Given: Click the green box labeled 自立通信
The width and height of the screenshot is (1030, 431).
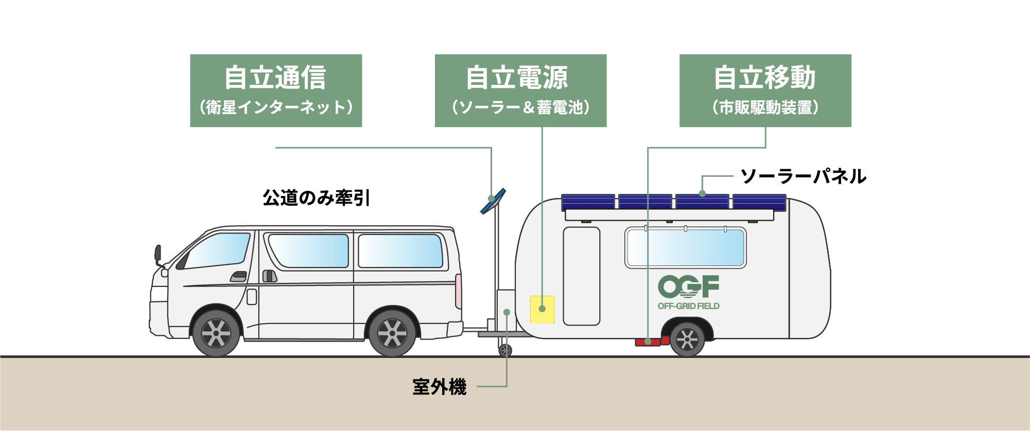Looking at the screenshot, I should click(276, 91).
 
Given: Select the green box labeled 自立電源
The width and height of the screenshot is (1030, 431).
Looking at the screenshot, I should click(520, 91).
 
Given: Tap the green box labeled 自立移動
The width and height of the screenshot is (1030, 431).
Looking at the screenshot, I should click(765, 91).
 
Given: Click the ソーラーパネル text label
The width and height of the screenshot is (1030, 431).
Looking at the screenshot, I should click(803, 176).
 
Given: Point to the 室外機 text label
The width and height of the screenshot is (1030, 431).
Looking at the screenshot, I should click(439, 387).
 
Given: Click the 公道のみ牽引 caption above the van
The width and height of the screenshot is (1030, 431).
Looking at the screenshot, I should click(316, 197).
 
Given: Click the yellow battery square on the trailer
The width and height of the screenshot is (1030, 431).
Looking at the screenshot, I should click(542, 309).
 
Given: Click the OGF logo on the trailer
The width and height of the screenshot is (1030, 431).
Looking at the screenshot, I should click(688, 286).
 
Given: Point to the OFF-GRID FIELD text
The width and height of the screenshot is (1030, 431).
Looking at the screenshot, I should click(688, 306).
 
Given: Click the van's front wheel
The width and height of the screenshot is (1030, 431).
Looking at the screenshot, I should click(216, 334).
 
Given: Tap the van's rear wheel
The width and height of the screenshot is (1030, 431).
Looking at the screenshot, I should click(392, 334).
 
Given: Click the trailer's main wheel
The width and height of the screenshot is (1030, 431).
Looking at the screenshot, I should click(687, 339).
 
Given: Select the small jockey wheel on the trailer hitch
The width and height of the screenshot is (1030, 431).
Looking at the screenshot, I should click(505, 350).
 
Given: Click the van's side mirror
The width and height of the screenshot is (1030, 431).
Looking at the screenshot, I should click(158, 254).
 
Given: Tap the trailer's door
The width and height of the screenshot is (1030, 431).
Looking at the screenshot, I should click(581, 276).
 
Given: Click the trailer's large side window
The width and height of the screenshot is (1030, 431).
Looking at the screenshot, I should click(685, 247).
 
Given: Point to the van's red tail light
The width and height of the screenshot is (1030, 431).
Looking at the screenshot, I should click(458, 291).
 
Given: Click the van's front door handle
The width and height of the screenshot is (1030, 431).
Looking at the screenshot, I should click(238, 277).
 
